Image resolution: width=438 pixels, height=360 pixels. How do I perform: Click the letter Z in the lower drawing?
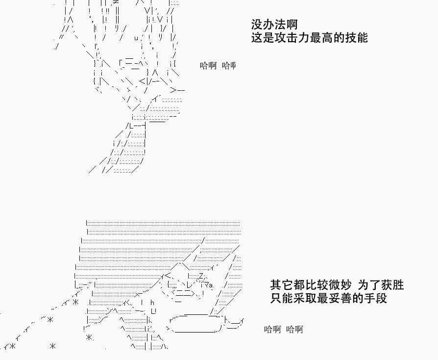click(x=201, y=278)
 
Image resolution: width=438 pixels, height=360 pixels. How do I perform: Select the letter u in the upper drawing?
click(x=135, y=38)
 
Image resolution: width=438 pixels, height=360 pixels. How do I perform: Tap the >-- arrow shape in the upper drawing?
click(x=177, y=90)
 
